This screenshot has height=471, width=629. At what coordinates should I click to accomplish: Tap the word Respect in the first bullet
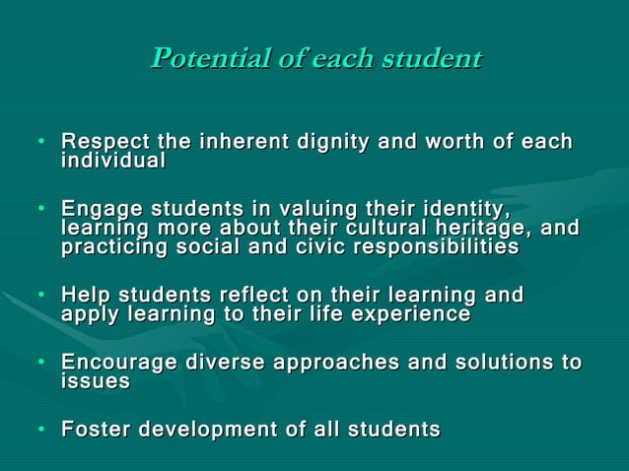tap(102, 143)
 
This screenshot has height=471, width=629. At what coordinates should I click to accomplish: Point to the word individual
tap(113, 160)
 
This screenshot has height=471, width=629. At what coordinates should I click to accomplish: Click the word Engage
tap(98, 210)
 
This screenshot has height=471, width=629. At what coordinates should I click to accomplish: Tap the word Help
tap(85, 296)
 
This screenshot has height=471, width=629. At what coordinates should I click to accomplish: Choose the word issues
tap(95, 381)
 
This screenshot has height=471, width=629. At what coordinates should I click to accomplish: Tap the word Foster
tap(95, 430)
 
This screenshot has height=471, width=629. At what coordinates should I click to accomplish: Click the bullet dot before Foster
tap(43, 431)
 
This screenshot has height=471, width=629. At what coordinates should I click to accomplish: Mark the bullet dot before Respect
tap(43, 144)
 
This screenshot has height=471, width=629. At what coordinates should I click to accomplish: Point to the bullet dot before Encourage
tap(43, 364)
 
